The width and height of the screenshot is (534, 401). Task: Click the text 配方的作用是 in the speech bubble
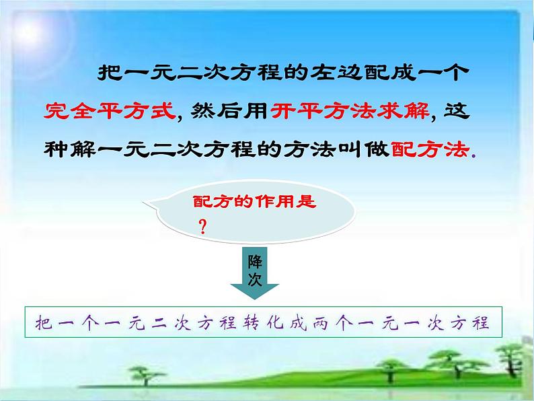(254, 201)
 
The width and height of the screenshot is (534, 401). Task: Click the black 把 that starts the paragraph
(108, 72)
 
